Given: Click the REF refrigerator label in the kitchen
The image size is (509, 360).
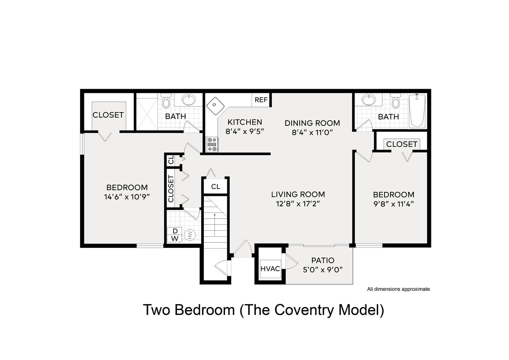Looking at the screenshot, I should tap(261, 100).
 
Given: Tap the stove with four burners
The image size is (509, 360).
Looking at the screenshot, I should tap(212, 144).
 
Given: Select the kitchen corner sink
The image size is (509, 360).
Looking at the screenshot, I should tap(215, 105).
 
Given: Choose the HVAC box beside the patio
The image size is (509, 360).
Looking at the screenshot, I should tap(270, 269).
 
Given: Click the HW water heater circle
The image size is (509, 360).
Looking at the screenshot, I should tap(190, 235).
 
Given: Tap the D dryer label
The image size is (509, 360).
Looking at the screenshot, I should tap(175, 231).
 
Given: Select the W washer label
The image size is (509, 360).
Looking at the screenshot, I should tap(175, 238).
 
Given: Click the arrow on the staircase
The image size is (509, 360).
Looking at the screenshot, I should tap(214, 224).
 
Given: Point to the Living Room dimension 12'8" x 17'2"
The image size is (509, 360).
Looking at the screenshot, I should tap(298, 204).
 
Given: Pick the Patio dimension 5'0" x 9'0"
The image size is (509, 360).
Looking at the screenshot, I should tap(322, 270).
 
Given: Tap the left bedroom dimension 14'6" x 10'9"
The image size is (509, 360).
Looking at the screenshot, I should tap(127, 197).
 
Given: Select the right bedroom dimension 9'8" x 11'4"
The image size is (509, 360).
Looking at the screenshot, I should tap(393, 204).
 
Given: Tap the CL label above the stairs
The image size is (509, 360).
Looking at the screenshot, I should tap(216, 187).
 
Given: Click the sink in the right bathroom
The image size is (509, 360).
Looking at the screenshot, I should tap(368, 100).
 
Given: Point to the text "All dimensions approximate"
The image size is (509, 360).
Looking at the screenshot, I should tap(398, 289).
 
